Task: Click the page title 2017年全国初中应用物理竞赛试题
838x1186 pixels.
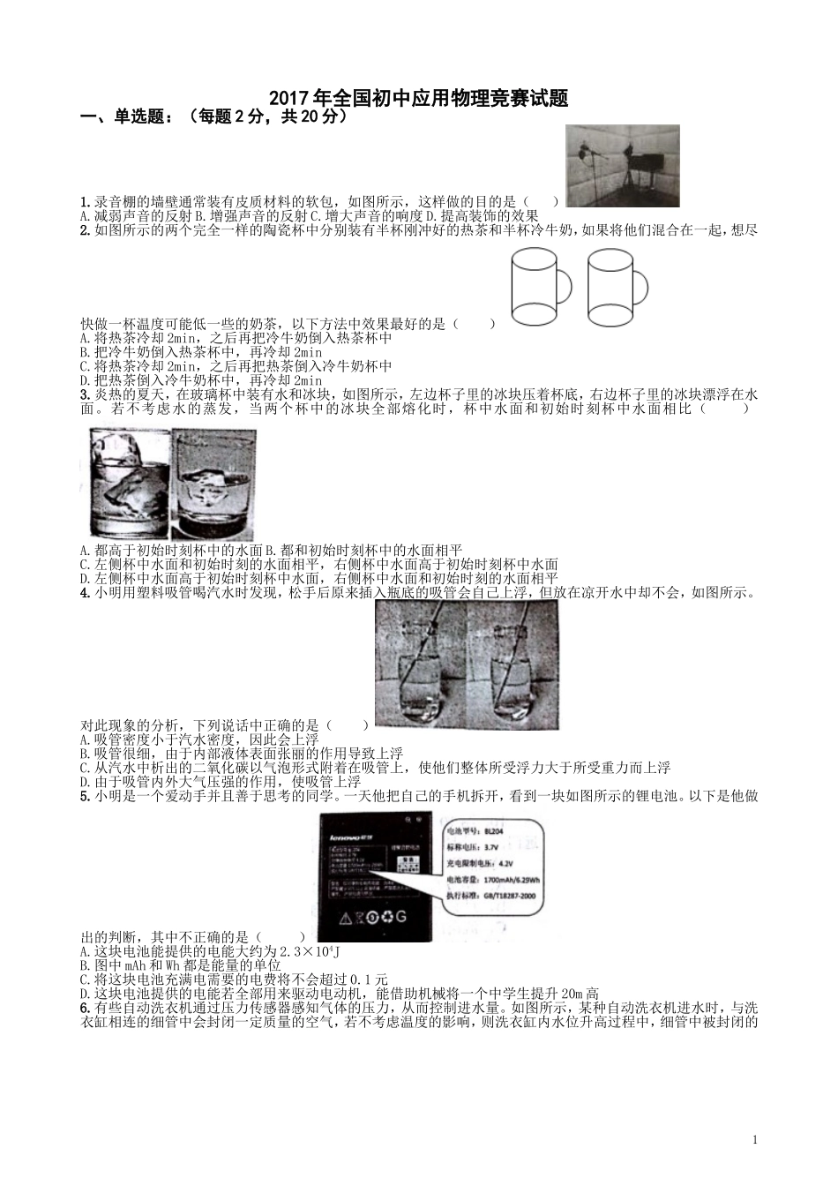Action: tap(417, 98)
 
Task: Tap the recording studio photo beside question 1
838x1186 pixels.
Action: tap(622, 166)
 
